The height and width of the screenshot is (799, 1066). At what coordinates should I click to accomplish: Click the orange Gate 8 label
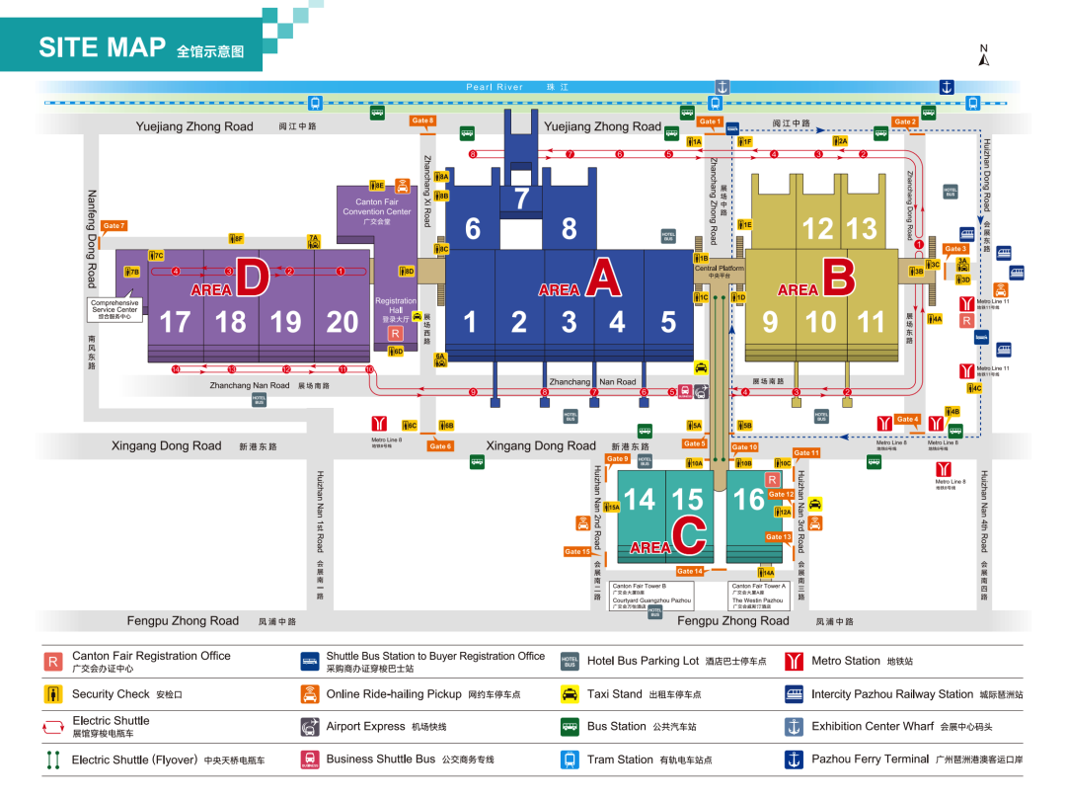(421, 120)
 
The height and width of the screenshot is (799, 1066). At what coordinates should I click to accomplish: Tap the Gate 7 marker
(114, 226)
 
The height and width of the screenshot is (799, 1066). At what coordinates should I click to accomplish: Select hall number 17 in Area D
(175, 322)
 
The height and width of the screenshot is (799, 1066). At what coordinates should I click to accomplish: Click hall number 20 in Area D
(342, 322)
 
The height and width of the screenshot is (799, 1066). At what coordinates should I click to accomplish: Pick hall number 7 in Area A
(521, 199)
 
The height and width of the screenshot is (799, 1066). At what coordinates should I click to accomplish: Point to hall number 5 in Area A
(668, 322)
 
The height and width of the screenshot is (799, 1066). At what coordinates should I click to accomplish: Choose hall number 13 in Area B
(861, 228)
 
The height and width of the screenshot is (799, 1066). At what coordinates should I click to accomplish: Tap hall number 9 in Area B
(770, 322)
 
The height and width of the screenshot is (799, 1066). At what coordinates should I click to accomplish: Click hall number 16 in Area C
(748, 500)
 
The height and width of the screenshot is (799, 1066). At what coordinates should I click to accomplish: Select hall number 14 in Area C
(640, 500)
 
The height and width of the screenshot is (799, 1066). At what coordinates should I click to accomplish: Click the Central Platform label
(720, 270)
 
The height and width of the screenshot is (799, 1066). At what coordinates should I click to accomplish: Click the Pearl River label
(495, 87)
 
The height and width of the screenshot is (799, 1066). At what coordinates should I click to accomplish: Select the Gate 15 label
(577, 551)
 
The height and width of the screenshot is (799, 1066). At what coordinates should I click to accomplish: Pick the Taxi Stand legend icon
(570, 694)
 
